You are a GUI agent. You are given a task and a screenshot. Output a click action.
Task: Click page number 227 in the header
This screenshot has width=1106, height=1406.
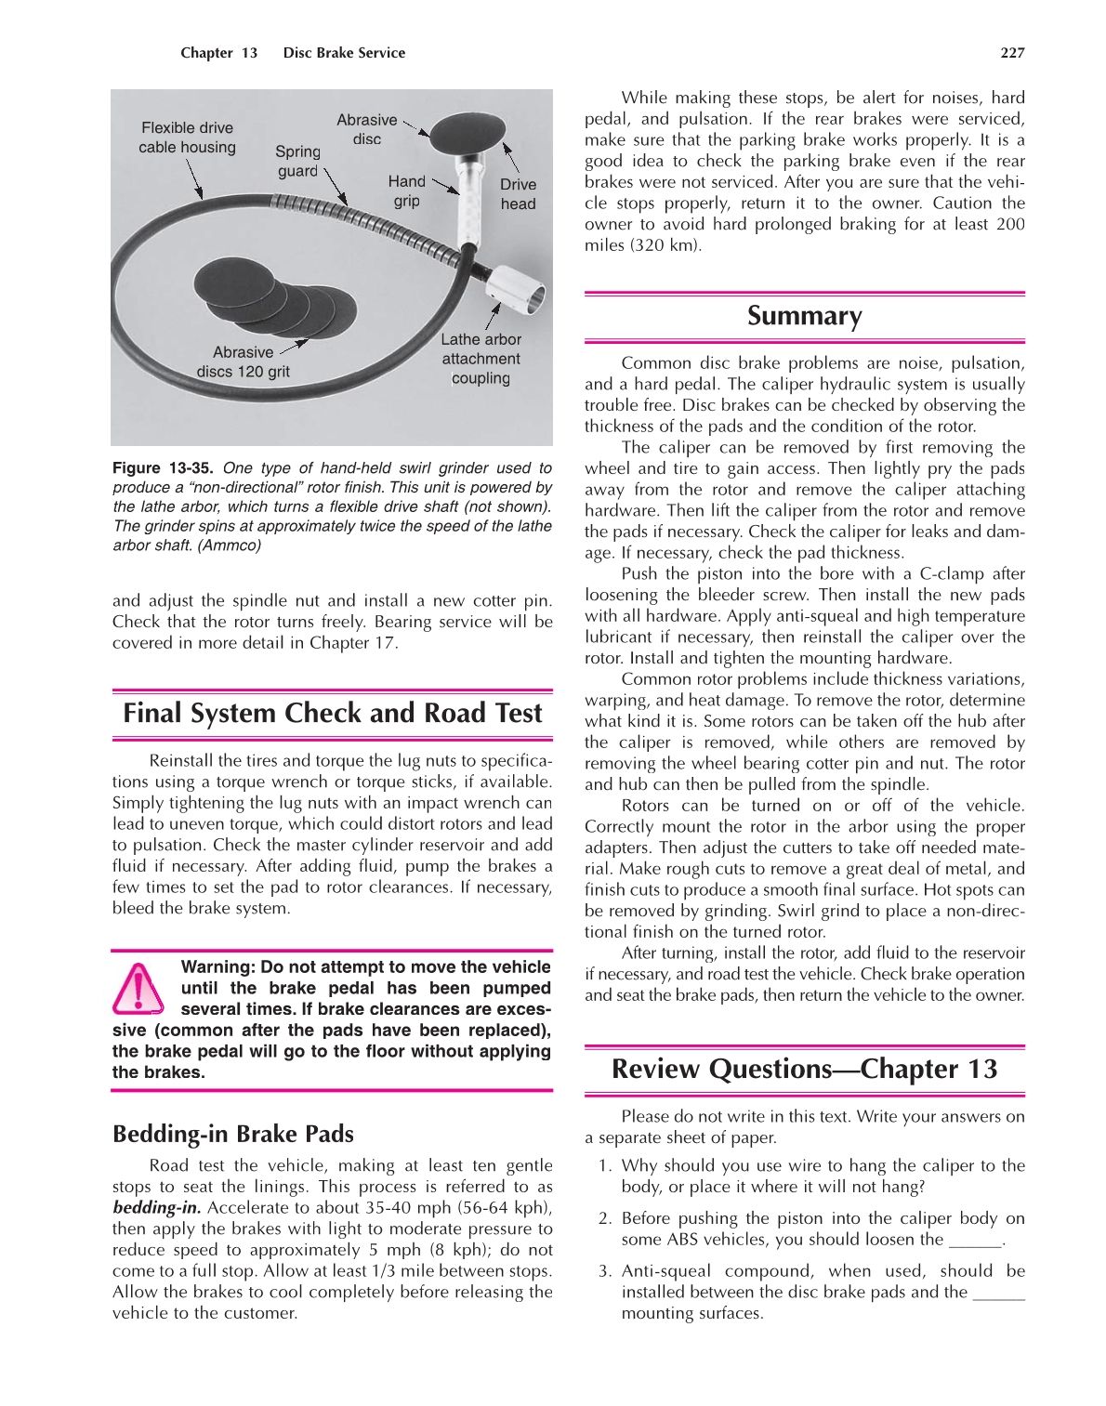tap(1012, 53)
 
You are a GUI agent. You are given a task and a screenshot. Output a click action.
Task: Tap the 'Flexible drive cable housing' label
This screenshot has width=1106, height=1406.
tap(187, 138)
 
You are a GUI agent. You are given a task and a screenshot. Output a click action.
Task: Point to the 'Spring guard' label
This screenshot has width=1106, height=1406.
tap(297, 161)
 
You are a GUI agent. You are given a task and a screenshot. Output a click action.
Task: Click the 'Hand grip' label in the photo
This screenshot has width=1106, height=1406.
tap(406, 191)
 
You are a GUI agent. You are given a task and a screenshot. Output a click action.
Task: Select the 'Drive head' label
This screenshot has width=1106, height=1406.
tap(518, 193)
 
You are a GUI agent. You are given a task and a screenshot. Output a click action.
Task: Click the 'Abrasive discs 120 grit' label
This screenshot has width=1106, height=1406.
tap(243, 361)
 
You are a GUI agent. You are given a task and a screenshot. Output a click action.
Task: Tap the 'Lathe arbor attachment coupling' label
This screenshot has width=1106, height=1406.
tap(481, 359)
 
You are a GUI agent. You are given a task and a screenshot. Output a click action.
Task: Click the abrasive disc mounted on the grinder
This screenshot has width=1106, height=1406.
tap(467, 134)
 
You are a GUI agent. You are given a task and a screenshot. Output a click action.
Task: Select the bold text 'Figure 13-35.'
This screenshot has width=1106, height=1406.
tap(163, 468)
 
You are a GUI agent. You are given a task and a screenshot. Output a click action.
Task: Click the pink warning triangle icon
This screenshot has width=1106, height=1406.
tap(138, 989)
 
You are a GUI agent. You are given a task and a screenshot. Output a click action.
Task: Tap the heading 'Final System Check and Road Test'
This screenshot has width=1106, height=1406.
tap(332, 713)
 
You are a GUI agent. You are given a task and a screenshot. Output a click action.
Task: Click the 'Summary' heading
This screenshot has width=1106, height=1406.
tap(804, 316)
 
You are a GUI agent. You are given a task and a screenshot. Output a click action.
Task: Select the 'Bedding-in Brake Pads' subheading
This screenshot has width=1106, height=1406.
tap(233, 1134)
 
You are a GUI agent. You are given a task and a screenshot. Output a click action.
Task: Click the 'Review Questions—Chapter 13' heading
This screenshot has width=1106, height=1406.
tap(804, 1069)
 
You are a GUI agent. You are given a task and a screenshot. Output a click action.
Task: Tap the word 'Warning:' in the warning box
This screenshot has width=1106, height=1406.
tap(218, 966)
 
